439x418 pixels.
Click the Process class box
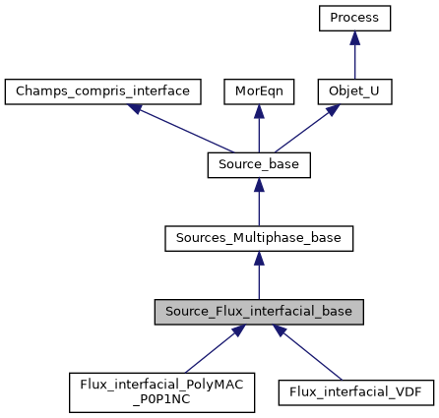click(354, 18)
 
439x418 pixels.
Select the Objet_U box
click(354, 91)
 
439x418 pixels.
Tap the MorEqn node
click(259, 91)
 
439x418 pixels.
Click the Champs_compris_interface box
click(103, 91)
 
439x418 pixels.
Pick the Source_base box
click(259, 165)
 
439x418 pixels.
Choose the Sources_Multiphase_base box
click(259, 238)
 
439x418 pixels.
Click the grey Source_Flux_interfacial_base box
click(259, 312)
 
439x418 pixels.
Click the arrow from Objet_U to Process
click(354, 57)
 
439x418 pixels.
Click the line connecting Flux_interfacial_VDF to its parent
click(309, 352)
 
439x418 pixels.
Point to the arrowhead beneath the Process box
click(354, 37)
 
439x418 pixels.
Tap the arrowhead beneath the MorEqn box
click(259, 111)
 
